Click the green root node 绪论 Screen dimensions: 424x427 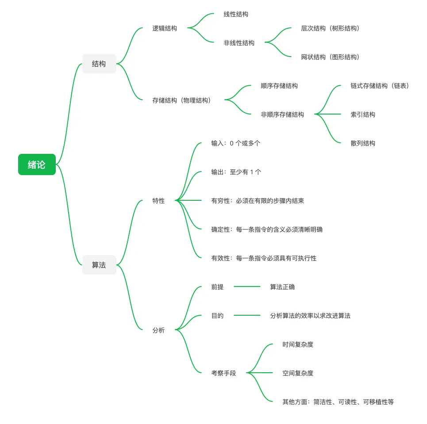[37, 164]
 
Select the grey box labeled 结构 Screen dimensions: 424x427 [99, 64]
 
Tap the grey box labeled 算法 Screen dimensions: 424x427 [99, 265]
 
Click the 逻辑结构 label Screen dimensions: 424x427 [165, 28]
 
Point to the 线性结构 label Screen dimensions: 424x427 [236, 14]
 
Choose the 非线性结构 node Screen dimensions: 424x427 [239, 43]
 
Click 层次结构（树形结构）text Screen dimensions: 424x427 [330, 28]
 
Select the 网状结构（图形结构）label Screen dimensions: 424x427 [330, 57]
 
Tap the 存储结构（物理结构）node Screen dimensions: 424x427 [181, 100]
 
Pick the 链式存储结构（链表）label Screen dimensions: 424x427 [380, 86]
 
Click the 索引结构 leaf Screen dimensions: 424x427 [363, 115]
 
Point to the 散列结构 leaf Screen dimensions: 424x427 [363, 143]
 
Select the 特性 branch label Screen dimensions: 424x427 [158, 201]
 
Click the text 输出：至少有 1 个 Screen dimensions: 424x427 [236, 172]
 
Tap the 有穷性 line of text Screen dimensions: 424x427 [258, 201]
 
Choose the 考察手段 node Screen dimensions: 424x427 [223, 373]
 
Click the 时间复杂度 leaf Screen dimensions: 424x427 [298, 344]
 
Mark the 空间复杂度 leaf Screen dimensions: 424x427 [298, 373]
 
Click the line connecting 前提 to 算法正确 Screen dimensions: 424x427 [247, 287]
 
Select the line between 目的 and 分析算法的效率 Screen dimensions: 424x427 [247, 316]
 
